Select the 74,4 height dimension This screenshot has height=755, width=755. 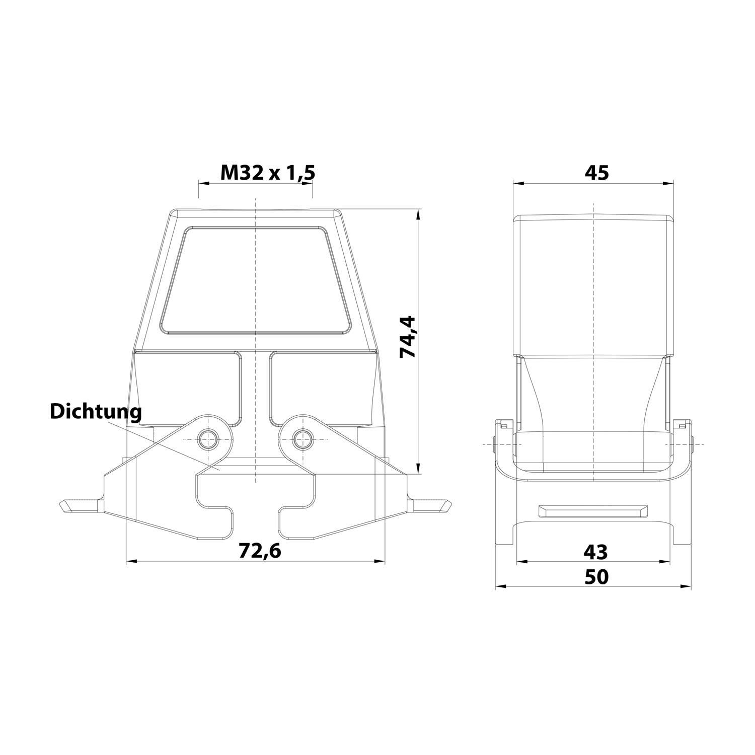tap(407, 336)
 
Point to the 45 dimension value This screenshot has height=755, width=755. tap(596, 173)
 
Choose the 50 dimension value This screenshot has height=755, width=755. tap(596, 577)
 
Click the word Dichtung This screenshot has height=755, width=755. tap(96, 411)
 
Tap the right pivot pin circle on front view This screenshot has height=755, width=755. tap(302, 439)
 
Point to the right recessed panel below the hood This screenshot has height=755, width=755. tap(322, 388)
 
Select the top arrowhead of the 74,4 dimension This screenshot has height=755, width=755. tap(417, 213)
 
